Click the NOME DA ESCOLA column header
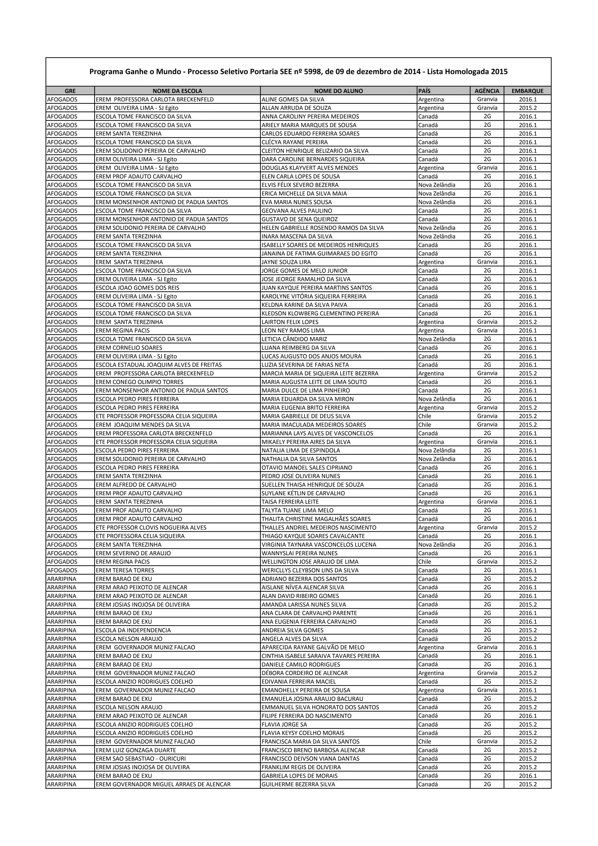pos(177,91)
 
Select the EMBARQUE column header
pos(527,91)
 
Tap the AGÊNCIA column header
pos(487,91)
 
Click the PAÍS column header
pos(425,91)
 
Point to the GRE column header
pos(70,91)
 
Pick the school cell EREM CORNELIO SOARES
pos(129,348)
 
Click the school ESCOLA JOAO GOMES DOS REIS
pos(138,288)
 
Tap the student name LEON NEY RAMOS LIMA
pos(293,331)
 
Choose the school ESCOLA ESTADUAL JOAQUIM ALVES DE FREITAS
pos(159,365)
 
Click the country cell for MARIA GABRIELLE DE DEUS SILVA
pos(425,416)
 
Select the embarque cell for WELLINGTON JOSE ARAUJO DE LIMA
pos(528,562)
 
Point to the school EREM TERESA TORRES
pos(125,570)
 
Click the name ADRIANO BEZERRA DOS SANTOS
pos(304,579)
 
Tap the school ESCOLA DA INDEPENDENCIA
pos(133,630)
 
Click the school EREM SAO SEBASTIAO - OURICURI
pos(141,759)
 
